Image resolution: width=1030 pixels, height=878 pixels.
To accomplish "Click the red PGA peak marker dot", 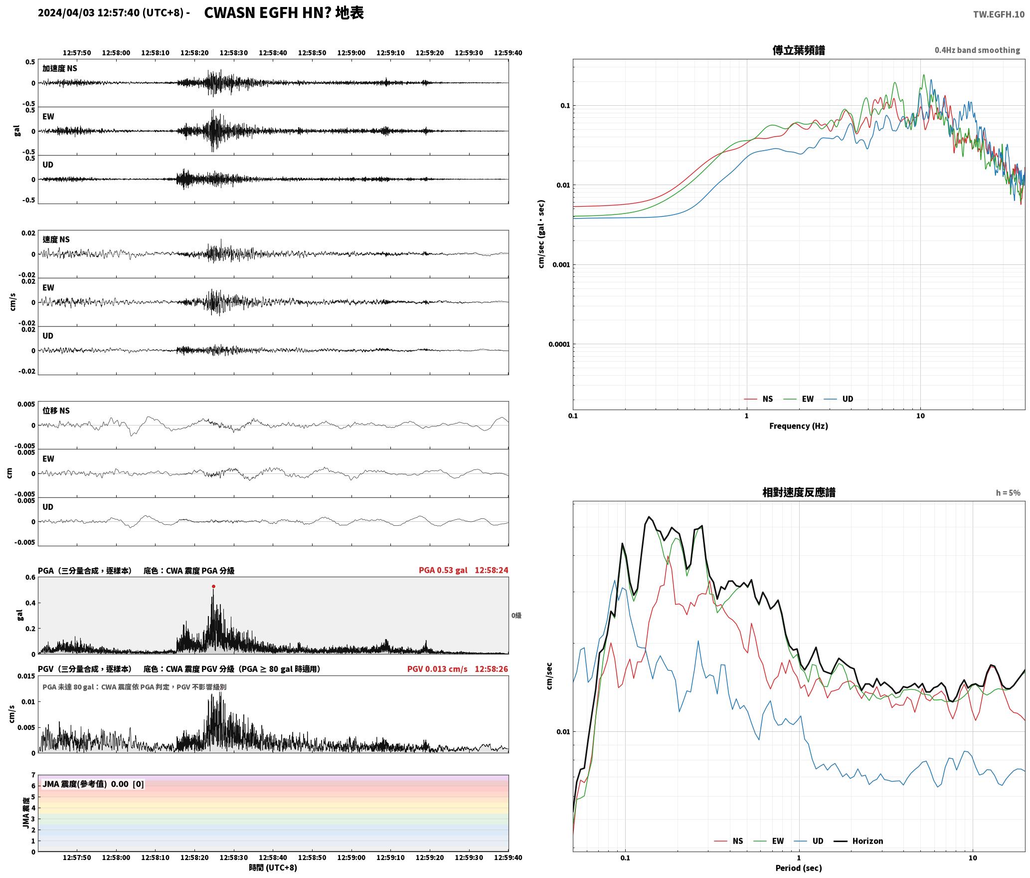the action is [x=213, y=587].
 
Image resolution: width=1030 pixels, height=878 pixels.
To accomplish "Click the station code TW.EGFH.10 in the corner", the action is [x=999, y=14].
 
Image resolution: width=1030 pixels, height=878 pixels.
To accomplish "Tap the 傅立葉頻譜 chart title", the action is [x=798, y=50].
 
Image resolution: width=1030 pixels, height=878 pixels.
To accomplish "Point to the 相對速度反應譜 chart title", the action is [x=799, y=492].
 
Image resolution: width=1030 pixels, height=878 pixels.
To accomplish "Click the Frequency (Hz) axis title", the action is [x=798, y=426].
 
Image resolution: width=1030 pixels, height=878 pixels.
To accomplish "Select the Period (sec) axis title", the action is [x=798, y=869].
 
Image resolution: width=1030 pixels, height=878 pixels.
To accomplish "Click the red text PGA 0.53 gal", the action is [x=443, y=570].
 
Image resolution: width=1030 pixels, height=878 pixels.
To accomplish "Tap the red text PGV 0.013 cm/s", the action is [x=437, y=669].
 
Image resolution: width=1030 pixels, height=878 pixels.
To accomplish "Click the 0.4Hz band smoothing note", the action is [x=977, y=50].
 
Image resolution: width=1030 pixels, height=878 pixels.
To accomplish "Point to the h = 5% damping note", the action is [x=1008, y=493].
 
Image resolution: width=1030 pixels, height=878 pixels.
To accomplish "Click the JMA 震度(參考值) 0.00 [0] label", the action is [x=93, y=784].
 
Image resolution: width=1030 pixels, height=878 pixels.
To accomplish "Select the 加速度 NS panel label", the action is [x=60, y=68].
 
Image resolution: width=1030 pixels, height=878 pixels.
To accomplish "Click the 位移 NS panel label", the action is [x=56, y=411].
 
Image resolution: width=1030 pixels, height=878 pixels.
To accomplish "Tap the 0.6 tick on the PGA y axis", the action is [x=30, y=578].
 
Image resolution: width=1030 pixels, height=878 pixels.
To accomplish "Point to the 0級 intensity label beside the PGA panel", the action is [x=516, y=616].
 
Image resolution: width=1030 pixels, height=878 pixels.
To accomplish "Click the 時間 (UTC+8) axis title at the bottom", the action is [x=273, y=868].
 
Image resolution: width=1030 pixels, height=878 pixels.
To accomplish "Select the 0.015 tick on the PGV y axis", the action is [x=27, y=676].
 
